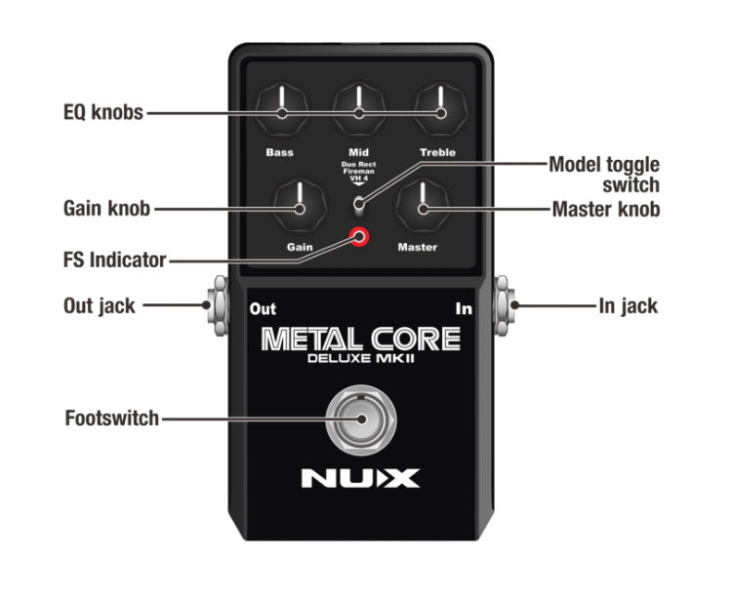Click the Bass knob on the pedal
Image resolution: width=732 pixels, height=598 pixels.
click(x=280, y=112)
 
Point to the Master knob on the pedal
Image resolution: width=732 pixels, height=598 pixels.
click(x=422, y=207)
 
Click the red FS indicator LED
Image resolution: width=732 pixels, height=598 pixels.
click(x=361, y=237)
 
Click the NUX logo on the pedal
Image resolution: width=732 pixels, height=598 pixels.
click(x=360, y=479)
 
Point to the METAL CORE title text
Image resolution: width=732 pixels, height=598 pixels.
click(x=360, y=339)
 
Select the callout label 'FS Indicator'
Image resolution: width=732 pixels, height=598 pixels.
click(x=109, y=260)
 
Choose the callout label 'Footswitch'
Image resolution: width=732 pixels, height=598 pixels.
click(x=111, y=419)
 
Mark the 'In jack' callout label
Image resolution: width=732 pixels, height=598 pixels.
click(x=628, y=306)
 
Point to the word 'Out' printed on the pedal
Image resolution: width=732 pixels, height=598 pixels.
click(x=263, y=309)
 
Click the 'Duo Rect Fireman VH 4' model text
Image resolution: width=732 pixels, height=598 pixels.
click(x=359, y=173)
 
